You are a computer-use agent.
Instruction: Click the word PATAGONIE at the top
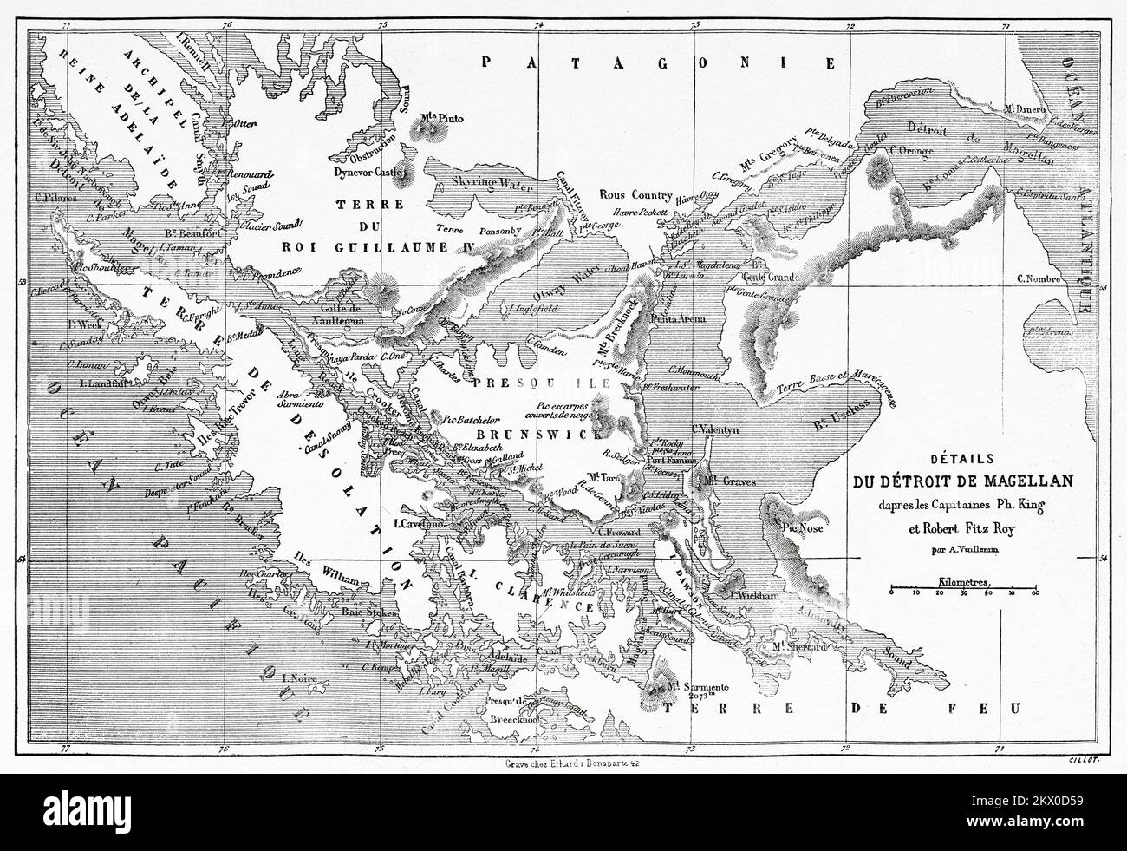click(659, 63)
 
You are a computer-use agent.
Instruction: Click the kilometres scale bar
click(962, 593)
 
